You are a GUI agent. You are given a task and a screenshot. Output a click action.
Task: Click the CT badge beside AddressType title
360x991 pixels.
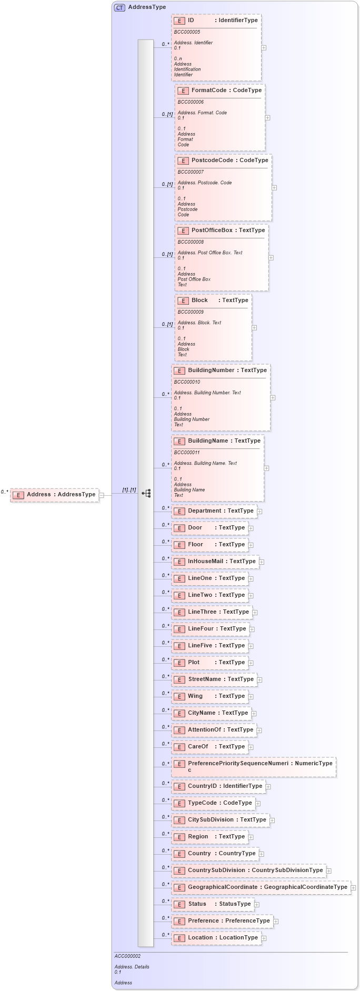click(x=119, y=7)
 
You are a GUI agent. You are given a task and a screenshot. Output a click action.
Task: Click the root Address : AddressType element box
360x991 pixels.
click(x=55, y=495)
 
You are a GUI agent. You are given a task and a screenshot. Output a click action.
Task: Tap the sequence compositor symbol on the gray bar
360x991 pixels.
click(x=146, y=493)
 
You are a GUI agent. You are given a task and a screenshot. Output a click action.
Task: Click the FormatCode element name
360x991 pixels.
click(x=208, y=91)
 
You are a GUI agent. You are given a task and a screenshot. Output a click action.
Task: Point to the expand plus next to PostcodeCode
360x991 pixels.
click(x=274, y=187)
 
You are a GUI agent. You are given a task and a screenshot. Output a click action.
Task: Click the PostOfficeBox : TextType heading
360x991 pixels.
click(x=228, y=231)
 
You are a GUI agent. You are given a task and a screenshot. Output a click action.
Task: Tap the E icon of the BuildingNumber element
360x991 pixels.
click(x=179, y=371)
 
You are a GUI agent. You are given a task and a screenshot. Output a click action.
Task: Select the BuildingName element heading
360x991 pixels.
click(x=224, y=441)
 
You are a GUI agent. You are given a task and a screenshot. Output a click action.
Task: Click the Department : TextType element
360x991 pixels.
click(x=215, y=511)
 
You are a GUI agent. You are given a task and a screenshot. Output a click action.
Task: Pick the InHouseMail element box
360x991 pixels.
click(x=216, y=562)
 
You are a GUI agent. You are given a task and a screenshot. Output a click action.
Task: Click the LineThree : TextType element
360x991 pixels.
click(x=213, y=612)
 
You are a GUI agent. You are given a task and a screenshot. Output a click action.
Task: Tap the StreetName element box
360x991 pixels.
click(x=215, y=679)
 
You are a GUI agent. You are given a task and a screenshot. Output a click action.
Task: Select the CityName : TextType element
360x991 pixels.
click(x=212, y=713)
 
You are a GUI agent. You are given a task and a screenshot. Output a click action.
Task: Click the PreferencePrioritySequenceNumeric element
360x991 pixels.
click(x=254, y=766)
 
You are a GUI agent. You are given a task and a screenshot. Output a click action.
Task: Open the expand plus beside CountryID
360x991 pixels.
click(x=268, y=787)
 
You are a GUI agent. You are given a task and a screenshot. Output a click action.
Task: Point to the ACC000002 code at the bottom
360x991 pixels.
click(x=127, y=956)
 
